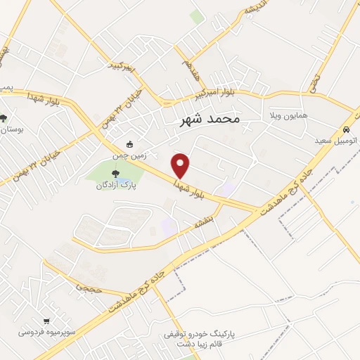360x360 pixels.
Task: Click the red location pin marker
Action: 181,165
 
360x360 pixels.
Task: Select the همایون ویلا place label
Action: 285,115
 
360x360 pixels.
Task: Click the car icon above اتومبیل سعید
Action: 347,129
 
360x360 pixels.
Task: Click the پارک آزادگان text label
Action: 115,187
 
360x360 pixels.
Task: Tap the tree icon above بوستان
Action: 4,119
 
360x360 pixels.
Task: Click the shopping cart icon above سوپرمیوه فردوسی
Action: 46,320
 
